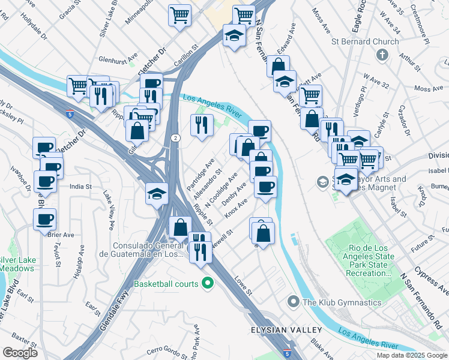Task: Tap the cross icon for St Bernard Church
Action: pyautogui.click(x=381, y=55)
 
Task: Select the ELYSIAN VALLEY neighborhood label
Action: pyautogui.click(x=286, y=330)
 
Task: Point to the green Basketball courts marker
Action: pyautogui.click(x=208, y=283)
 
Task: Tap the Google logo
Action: pyautogui.click(x=20, y=353)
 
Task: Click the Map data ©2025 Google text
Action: pyautogui.click(x=411, y=355)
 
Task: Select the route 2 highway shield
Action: pyautogui.click(x=173, y=138)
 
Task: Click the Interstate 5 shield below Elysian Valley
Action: pyautogui.click(x=288, y=349)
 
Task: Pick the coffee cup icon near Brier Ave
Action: pyautogui.click(x=45, y=220)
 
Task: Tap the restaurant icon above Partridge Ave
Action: pyautogui.click(x=201, y=125)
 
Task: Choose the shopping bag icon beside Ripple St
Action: pyautogui.click(x=180, y=228)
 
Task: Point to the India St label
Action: pyautogui.click(x=80, y=187)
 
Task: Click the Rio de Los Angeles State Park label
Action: pyautogui.click(x=369, y=265)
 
